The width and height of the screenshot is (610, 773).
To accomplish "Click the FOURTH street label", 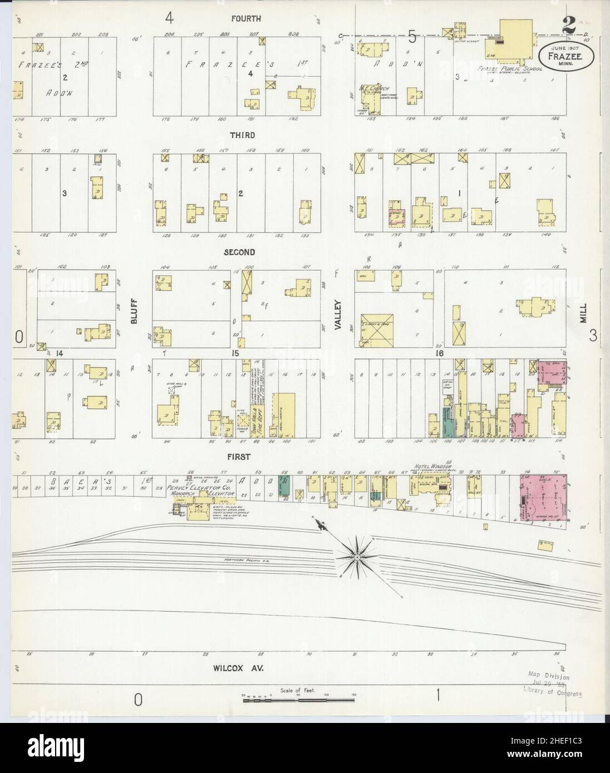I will pyautogui.click(x=245, y=19).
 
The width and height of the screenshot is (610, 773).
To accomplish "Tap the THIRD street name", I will pyautogui.click(x=242, y=135).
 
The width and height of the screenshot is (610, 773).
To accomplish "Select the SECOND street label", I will pyautogui.click(x=239, y=252).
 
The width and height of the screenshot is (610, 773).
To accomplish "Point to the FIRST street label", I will pyautogui.click(x=238, y=457).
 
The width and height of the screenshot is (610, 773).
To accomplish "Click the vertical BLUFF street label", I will pyautogui.click(x=134, y=311).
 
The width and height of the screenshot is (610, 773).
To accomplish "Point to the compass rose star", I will pyautogui.click(x=356, y=556).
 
